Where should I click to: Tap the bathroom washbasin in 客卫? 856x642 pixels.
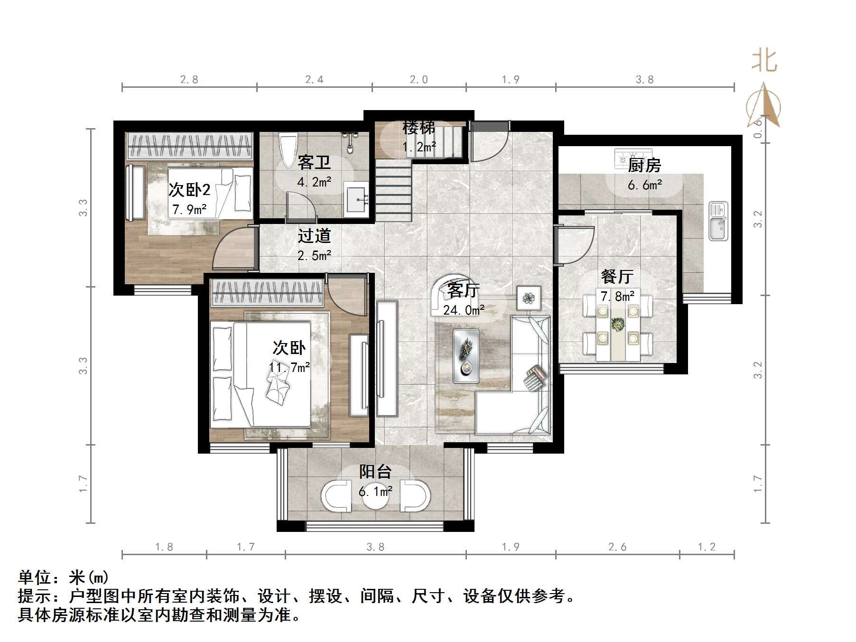tap(356, 200)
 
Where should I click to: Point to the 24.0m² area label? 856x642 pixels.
tap(464, 310)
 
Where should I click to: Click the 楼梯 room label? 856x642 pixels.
tap(419, 127)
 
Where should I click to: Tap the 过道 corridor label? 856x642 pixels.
tap(314, 236)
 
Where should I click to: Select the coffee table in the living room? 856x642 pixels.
tap(466, 356)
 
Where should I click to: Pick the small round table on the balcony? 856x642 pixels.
tap(375, 496)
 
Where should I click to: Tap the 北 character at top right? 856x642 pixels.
tap(764, 61)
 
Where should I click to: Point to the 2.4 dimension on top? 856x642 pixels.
tap(314, 80)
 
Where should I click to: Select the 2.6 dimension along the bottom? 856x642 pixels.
tap(617, 547)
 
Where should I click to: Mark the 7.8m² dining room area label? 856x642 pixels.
tap(617, 297)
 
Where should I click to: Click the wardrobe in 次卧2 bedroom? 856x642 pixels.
tap(189, 145)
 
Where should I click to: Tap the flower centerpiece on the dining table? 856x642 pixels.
tap(618, 325)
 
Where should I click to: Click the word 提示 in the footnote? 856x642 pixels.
tap(35, 595)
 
